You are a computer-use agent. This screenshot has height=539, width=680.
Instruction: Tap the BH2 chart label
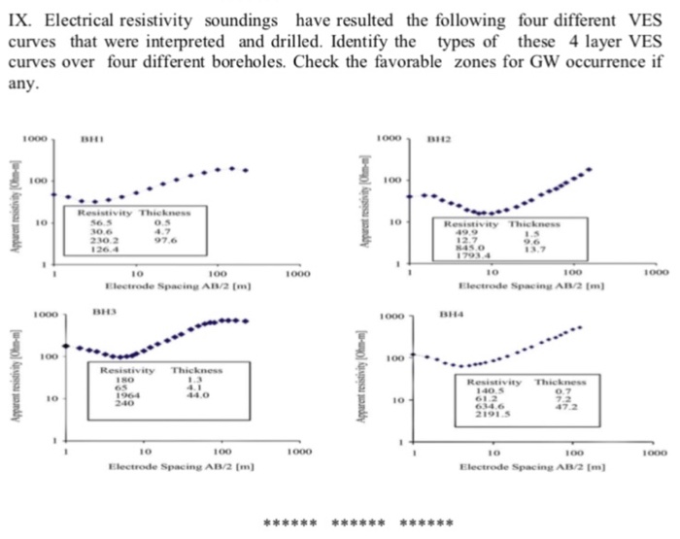click(439, 142)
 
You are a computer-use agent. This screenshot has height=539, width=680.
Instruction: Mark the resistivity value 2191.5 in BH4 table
click(493, 412)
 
